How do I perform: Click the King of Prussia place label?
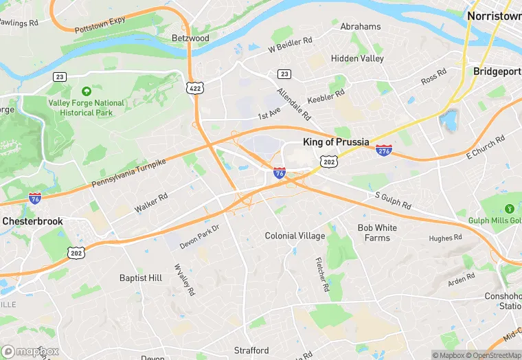pos(337,143)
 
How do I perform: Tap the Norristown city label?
pos(494,15)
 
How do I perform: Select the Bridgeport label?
pos(497,71)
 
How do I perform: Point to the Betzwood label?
pos(190,38)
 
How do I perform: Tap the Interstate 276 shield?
pos(384,150)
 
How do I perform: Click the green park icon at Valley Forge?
pos(86,91)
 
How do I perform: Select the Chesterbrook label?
pos(32,221)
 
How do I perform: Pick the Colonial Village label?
pos(295,236)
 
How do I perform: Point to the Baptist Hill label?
pos(141,278)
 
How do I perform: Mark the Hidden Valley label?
pos(357,58)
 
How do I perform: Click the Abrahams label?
pos(361,27)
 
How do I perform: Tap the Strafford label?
pos(251,350)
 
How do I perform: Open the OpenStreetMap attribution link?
pos(492,355)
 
